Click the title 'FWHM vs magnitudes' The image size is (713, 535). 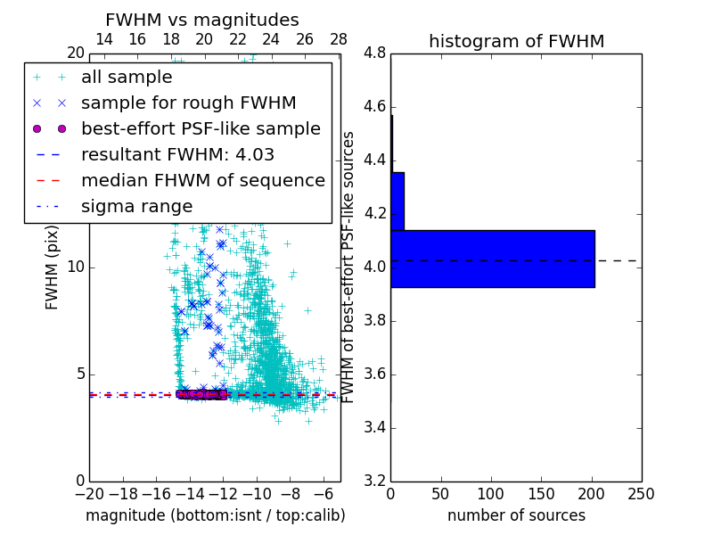pos(201,20)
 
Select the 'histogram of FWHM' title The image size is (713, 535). pos(516,41)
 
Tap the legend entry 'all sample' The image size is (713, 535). pos(127,78)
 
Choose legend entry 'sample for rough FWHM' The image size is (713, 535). pos(188,103)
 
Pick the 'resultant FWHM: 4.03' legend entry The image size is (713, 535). pos(177,155)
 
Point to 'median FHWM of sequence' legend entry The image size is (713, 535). pos(202,181)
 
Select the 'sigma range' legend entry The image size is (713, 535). pos(136,207)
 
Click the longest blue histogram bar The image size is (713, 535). pos(492,259)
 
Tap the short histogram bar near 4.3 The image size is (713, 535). pos(397,201)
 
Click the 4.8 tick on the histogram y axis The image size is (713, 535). pos(374,53)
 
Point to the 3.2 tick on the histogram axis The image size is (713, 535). pos(374,481)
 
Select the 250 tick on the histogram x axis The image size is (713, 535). pos(641,494)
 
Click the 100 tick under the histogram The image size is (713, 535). pos(491,494)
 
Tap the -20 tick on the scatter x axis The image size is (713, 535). pos(89,494)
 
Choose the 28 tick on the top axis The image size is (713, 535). pos(339,39)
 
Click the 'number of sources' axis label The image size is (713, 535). pos(516,515)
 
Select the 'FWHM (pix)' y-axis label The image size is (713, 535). pos(53,277)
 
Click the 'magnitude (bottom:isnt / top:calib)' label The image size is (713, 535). pos(215,515)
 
